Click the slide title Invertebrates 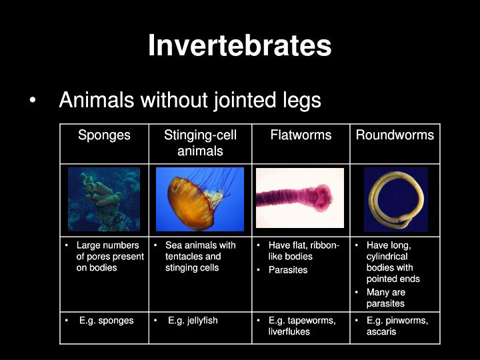(239, 45)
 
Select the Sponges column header (104, 135)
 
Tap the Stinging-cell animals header (200, 143)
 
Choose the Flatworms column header (301, 135)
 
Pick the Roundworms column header (395, 135)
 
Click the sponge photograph (104, 199)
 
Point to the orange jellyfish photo (200, 199)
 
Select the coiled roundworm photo (395, 199)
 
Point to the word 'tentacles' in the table (185, 257)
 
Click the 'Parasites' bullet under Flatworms (288, 270)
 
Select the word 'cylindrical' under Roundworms (387, 257)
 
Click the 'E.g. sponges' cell (106, 321)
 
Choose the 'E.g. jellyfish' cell (193, 321)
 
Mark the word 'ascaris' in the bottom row (381, 331)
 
